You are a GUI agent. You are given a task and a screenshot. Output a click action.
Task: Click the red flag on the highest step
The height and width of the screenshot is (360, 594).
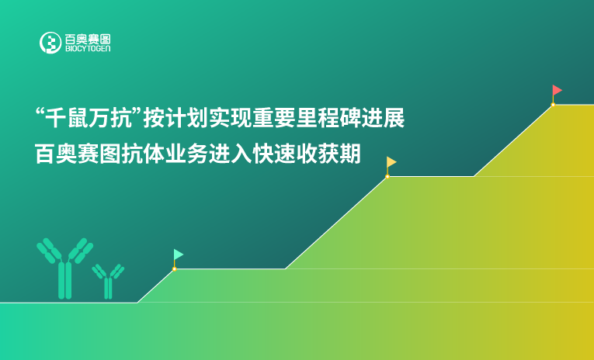557,90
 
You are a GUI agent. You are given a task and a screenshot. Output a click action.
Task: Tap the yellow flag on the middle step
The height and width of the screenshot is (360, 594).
391,162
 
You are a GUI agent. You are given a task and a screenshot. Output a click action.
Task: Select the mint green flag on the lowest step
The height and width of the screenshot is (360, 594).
178,254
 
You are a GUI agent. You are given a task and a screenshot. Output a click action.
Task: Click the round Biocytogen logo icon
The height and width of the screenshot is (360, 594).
50,43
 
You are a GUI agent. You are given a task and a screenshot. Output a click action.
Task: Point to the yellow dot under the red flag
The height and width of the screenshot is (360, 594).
553,104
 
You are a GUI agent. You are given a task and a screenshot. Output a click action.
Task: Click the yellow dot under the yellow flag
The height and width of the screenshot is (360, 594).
387,176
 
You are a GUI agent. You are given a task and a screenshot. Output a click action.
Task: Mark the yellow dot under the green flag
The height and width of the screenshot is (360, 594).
174,268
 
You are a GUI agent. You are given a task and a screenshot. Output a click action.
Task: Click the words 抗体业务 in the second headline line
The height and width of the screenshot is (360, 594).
156,154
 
